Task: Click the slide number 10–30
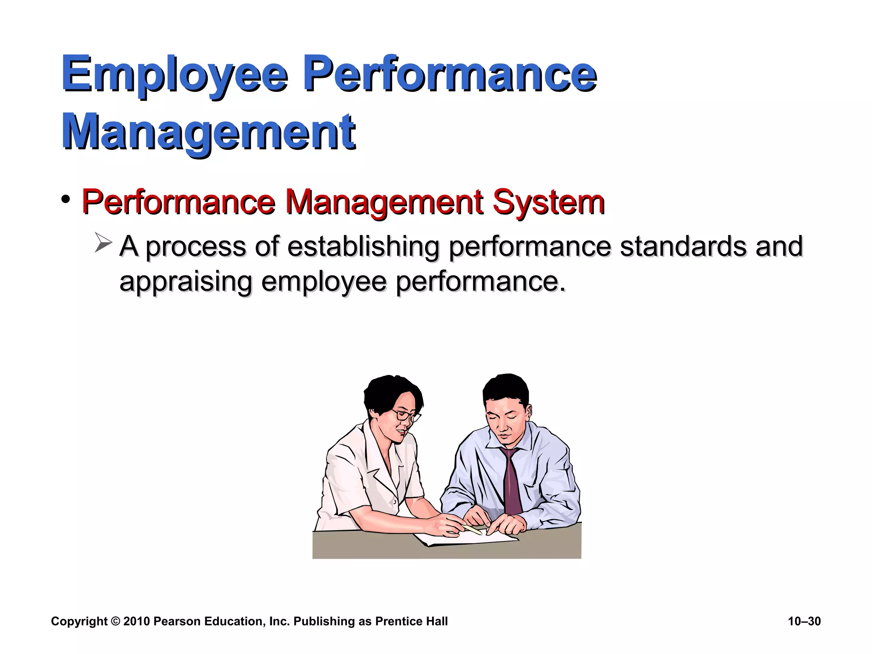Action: pyautogui.click(x=804, y=621)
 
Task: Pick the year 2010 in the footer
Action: pyautogui.click(x=136, y=621)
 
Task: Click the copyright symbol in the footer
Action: pyautogui.click(x=115, y=621)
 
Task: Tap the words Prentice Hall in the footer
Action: pyautogui.click(x=411, y=621)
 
